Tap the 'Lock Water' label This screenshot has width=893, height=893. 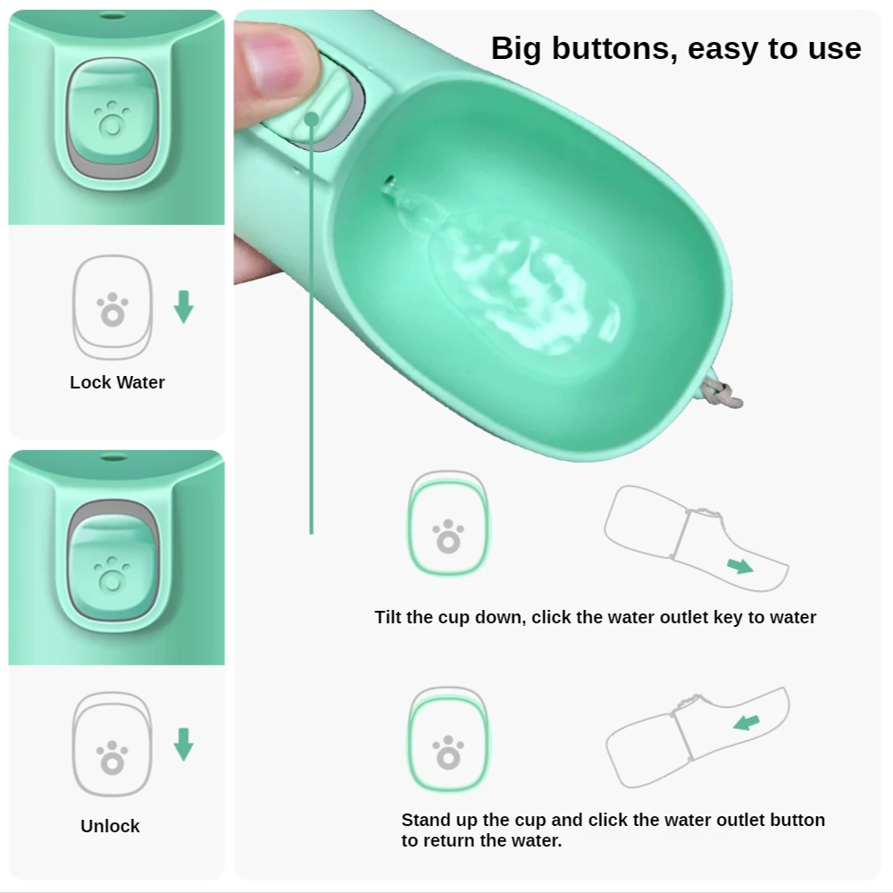[x=117, y=382]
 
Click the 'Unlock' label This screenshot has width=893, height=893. [x=110, y=826]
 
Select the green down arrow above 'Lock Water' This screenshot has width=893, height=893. [x=183, y=305]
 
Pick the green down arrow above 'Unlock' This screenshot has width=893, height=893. [x=183, y=744]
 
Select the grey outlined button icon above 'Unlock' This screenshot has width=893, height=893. [x=112, y=745]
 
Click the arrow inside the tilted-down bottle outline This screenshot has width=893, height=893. [x=739, y=565]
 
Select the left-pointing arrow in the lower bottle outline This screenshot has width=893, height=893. [x=747, y=721]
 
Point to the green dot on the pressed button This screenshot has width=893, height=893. [x=312, y=118]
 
